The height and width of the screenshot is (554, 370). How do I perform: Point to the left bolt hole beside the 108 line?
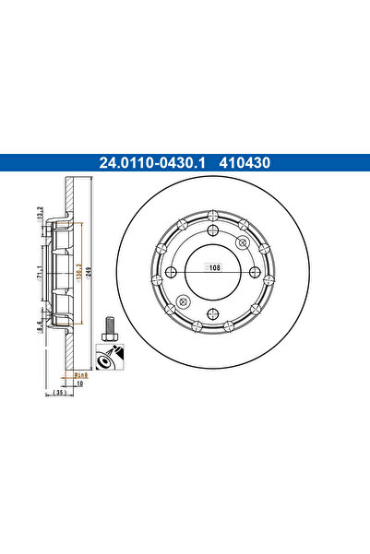(171, 272)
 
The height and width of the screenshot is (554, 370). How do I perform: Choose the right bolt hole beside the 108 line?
(254, 272)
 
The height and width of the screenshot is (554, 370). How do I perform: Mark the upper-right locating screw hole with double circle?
(242, 242)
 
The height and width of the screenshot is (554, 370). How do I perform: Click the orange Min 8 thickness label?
(79, 376)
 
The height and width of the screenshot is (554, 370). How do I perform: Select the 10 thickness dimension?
(79, 384)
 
